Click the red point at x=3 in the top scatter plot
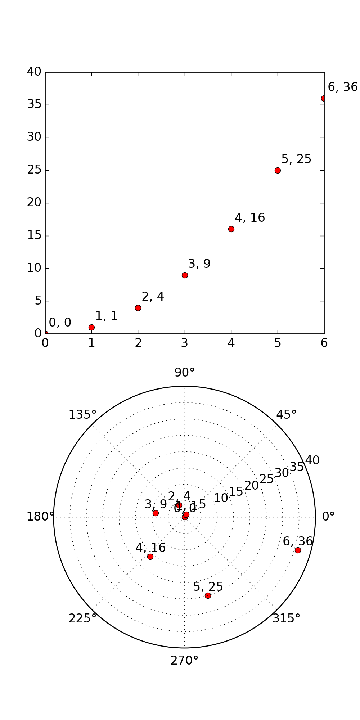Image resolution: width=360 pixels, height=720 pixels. click(185, 275)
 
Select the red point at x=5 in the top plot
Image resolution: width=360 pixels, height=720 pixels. click(278, 170)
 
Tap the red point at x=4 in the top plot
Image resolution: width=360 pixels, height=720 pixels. click(231, 229)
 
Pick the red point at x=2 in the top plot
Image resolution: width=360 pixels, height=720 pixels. click(138, 308)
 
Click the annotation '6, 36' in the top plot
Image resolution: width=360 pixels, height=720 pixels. click(342, 87)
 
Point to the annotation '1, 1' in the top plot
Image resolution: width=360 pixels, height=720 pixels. click(106, 316)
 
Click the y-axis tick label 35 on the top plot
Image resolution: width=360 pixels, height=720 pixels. click(34, 105)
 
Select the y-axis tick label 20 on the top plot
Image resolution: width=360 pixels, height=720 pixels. click(34, 203)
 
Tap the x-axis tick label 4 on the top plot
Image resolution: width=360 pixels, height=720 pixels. click(231, 343)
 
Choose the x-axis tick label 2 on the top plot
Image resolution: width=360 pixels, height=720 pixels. click(138, 343)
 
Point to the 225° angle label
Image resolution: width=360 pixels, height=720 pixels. click(82, 618)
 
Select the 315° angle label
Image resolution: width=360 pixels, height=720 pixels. click(286, 618)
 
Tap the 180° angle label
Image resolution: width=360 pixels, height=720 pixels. click(40, 517)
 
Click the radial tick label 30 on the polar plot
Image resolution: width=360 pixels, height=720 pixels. click(282, 473)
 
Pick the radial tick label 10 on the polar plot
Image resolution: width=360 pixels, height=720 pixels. click(221, 498)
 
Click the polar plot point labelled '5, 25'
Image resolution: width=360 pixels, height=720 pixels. click(208, 595)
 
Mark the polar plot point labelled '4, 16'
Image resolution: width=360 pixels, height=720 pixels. click(150, 557)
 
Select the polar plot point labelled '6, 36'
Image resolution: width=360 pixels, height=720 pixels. click(298, 550)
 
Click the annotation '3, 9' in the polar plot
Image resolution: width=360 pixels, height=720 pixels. click(156, 504)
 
